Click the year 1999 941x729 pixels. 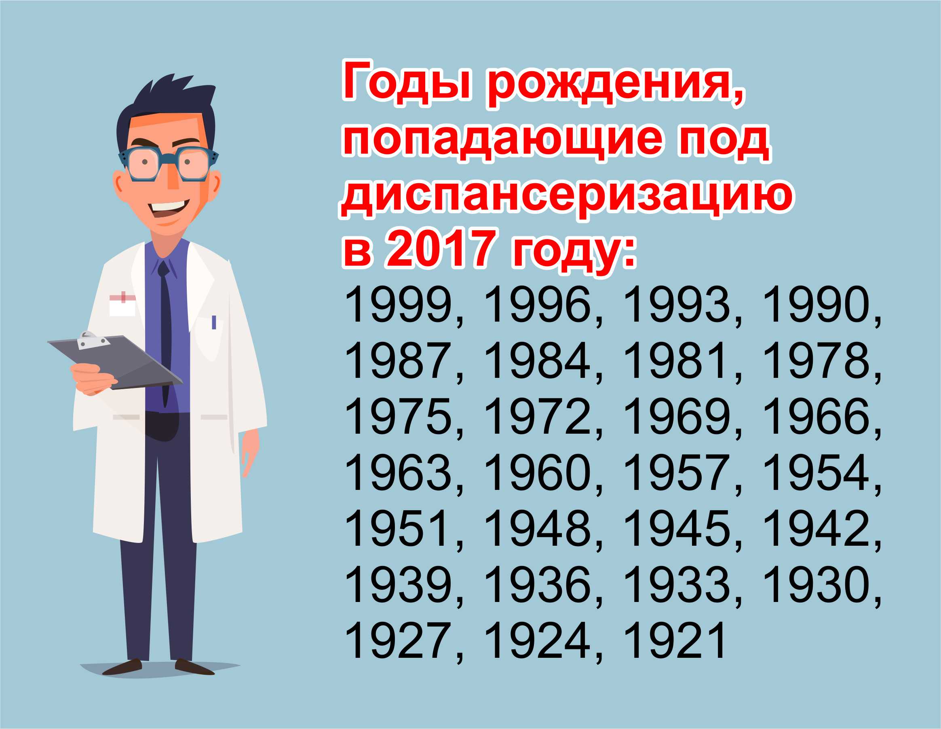pos(399,305)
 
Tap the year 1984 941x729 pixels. pos(537,361)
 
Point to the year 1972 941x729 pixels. pos(537,417)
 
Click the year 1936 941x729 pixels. pos(537,585)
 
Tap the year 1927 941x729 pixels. pos(399,641)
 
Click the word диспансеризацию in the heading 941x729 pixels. pos(566,198)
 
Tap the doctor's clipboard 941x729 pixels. pos(115,362)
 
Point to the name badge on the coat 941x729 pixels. pos(122,304)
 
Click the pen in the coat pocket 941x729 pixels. pos(214,322)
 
